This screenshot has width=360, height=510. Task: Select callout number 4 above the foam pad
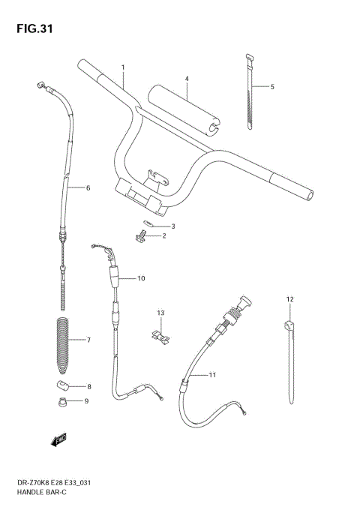point(187,79)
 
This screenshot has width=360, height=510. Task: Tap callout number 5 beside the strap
point(272,87)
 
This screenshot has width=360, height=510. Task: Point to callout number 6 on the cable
point(88,187)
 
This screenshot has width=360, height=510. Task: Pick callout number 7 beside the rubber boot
point(88,340)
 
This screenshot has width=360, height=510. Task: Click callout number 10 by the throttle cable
point(141,278)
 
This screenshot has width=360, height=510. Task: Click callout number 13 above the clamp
point(160,312)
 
